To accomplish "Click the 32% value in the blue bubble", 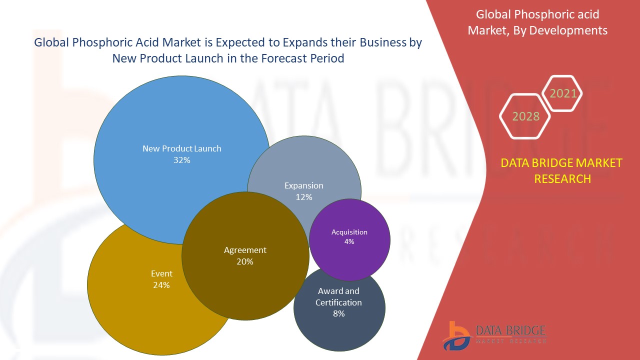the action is [182, 160].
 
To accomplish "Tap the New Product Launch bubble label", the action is [182, 148].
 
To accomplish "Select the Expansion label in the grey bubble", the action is [304, 185].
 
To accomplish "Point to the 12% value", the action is [304, 197].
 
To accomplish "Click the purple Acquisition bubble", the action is [349, 240].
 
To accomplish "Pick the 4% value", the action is [349, 241].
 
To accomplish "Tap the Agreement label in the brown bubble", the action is [245, 250].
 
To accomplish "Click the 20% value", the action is [245, 261].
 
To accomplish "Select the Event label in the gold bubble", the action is [161, 273].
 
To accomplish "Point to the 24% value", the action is [161, 285].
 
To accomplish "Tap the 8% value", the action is [339, 313].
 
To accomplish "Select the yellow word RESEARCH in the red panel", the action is [562, 179].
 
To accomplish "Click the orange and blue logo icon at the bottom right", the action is [456, 335].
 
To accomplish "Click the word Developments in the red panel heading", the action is [568, 30].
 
